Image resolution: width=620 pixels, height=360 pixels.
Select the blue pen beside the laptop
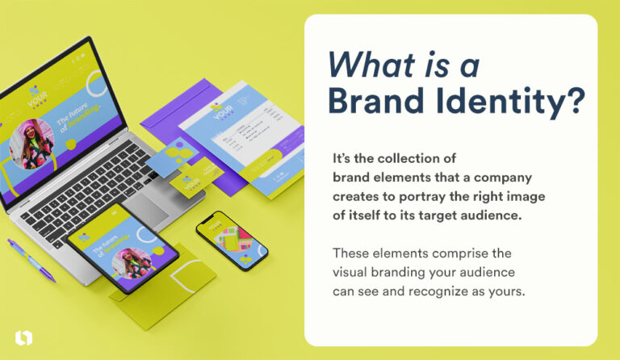(31, 258)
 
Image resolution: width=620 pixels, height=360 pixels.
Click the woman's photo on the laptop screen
(31, 143)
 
